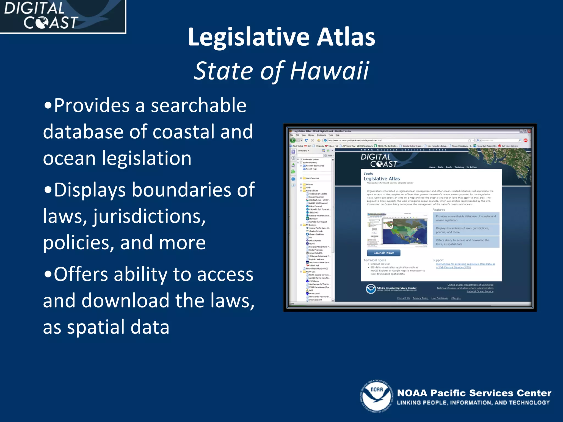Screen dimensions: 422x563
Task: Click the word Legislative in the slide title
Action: pos(249,37)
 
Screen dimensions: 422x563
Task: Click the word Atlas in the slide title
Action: pos(346,37)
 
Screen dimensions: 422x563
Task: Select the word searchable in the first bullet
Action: pos(198,106)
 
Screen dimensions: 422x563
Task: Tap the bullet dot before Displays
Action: pos(48,190)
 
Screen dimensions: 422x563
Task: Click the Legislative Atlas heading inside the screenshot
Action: pos(382,179)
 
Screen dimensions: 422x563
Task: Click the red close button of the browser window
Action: pos(529,131)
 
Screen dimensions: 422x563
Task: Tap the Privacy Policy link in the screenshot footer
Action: pos(420,298)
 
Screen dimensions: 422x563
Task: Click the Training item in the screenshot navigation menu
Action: pos(459,167)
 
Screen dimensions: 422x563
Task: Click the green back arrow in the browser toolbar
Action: pos(293,140)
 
